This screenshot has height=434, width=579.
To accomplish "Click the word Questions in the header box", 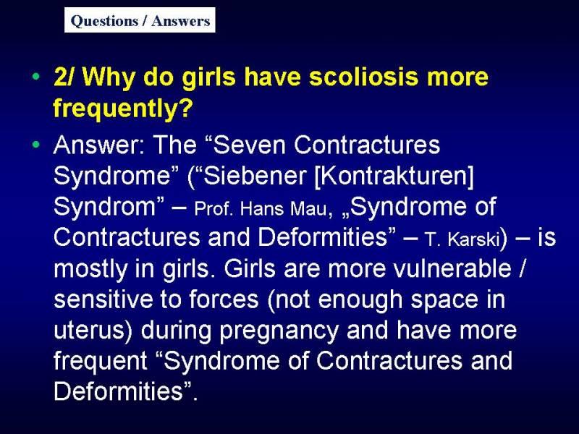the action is [x=104, y=21].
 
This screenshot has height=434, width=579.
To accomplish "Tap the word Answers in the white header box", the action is [x=180, y=21].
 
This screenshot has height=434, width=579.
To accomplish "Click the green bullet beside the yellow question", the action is [x=35, y=77].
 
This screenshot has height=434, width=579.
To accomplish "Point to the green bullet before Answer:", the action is [x=35, y=144].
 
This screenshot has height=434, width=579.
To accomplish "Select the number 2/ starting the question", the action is [x=64, y=77].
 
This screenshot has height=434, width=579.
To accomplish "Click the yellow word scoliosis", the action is [x=363, y=77].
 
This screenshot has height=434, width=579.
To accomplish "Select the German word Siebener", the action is [x=255, y=175].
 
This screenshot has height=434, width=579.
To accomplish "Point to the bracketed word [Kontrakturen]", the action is [x=394, y=176].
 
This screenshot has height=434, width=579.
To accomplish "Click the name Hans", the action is [x=263, y=209].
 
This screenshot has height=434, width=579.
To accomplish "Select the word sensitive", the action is [x=103, y=299].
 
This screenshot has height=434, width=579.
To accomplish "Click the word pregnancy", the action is [x=279, y=331].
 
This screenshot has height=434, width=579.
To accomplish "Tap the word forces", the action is [x=224, y=299].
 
